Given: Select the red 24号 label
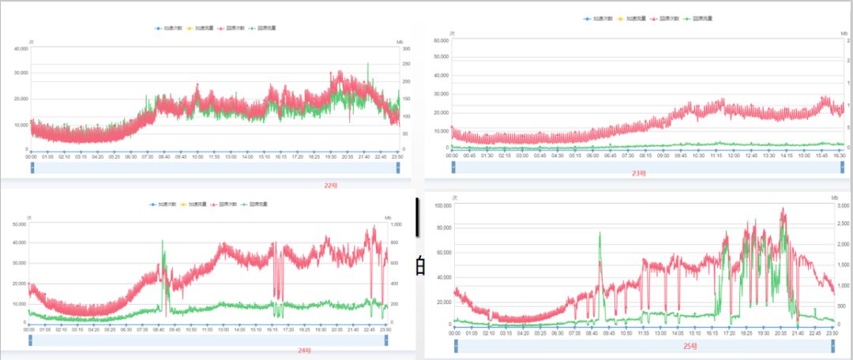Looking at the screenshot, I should point(304,350).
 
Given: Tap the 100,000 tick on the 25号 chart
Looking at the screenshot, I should point(441,205).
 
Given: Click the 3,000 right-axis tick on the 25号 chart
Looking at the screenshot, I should point(842,205).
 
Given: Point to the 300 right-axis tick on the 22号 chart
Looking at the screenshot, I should point(406,48).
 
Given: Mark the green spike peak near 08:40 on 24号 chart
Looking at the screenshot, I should point(163,242).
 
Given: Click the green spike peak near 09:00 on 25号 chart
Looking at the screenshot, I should point(599,233).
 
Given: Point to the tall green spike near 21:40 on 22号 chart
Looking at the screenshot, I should point(368,64).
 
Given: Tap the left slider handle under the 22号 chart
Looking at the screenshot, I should point(32,167).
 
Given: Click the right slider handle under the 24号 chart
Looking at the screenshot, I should point(386,340).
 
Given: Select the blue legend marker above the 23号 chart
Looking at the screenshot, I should point(587,18).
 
